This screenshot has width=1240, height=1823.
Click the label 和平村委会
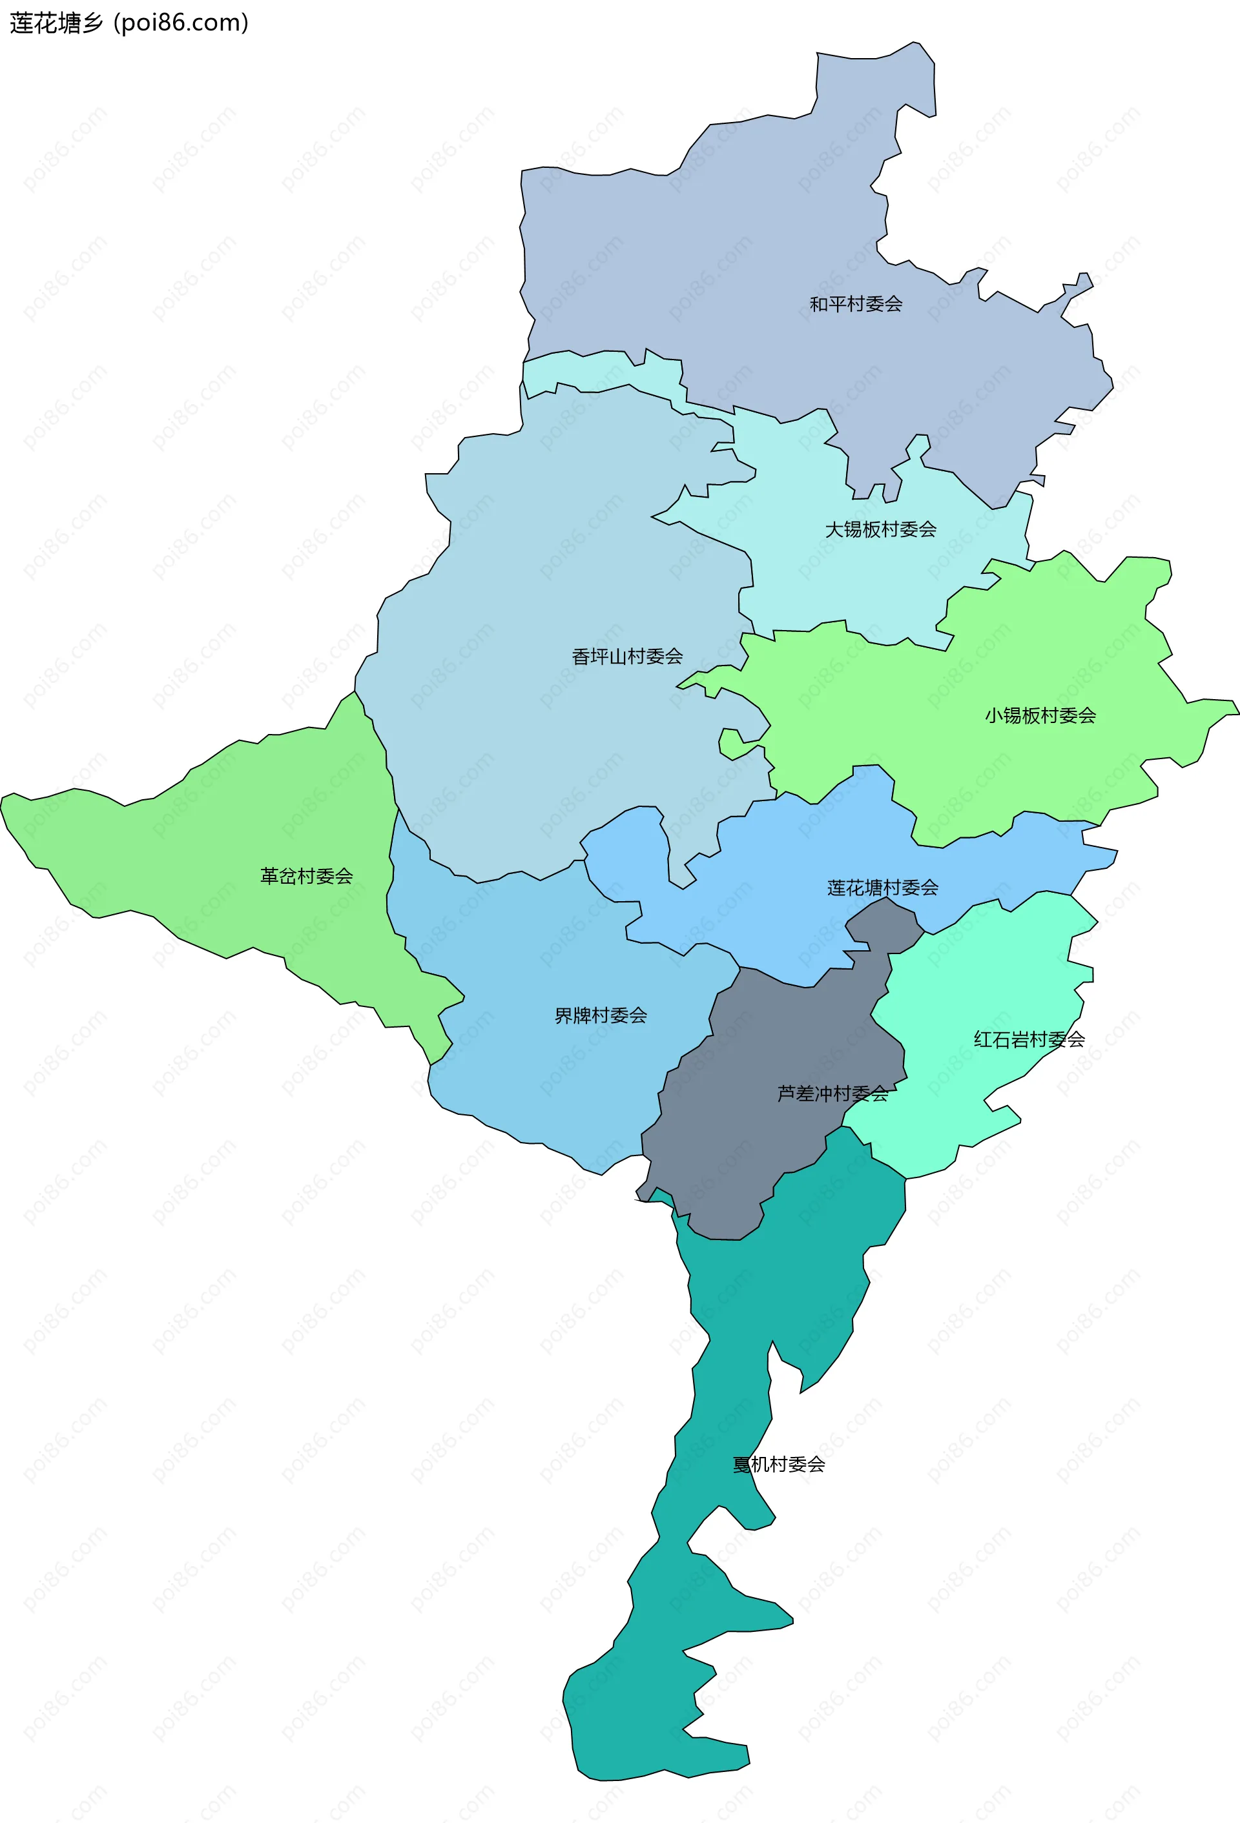[x=856, y=303]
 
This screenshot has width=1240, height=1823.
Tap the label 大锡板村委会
[x=880, y=529]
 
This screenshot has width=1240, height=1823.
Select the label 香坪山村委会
[x=626, y=657]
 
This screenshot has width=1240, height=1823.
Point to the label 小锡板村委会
[x=1040, y=715]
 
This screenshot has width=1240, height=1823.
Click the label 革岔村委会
[x=306, y=876]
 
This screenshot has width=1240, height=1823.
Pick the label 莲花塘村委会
[x=882, y=888]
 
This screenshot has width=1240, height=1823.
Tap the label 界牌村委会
[x=601, y=1016]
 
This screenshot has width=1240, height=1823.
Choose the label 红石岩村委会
[x=1029, y=1040]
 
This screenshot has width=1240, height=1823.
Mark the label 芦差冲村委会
[x=832, y=1094]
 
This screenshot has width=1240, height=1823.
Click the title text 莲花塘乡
[x=56, y=23]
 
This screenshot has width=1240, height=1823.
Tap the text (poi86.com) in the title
[x=181, y=23]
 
